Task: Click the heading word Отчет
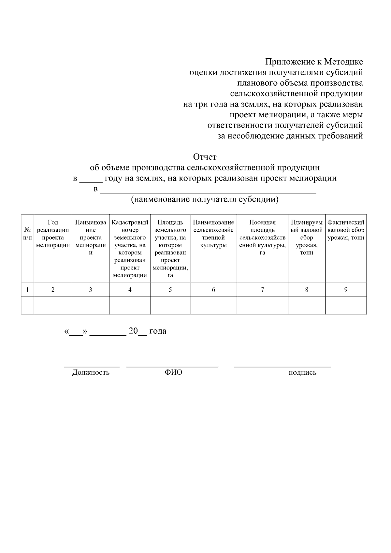tap(205, 157)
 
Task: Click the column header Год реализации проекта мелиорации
tap(53, 234)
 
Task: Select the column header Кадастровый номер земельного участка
tap(130, 249)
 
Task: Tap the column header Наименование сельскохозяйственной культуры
tap(213, 234)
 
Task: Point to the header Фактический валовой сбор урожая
tap(346, 230)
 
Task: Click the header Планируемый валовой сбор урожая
tap(307, 237)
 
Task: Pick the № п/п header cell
tap(27, 234)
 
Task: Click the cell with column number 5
tap(170, 290)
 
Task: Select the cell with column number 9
tap(346, 290)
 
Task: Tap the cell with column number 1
tap(27, 290)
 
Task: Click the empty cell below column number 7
tap(262, 305)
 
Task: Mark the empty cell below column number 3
tap(91, 305)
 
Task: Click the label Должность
tap(91, 372)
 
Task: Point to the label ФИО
tap(173, 372)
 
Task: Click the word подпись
tap(302, 373)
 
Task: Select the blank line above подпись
tap(282, 367)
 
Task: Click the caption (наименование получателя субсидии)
tap(205, 199)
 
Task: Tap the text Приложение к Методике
tap(314, 62)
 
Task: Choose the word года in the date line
tap(158, 331)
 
